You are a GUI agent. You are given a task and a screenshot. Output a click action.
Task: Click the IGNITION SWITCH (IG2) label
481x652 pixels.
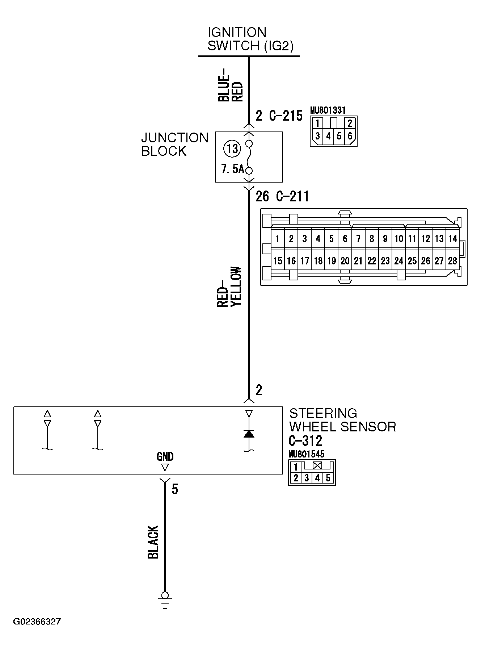250,39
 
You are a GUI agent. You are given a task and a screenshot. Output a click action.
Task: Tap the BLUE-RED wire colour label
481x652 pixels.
230,85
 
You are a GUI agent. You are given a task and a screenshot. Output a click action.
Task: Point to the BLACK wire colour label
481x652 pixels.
153,542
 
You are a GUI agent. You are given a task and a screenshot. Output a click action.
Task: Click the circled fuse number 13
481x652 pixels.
232,149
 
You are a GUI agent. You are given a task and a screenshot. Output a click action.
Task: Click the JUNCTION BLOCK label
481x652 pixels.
175,144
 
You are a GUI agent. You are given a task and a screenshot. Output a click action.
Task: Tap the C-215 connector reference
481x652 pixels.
286,116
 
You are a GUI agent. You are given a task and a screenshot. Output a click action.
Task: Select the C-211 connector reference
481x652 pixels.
292,196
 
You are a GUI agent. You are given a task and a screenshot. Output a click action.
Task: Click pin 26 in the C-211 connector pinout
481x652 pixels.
426,261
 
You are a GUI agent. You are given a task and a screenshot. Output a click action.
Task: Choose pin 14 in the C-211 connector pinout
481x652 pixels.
452,239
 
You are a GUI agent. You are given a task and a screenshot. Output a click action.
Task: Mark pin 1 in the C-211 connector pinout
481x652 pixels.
278,239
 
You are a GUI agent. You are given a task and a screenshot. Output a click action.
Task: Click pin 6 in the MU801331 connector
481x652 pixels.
350,137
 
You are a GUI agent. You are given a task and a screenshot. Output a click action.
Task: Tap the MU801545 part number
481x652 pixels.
307,454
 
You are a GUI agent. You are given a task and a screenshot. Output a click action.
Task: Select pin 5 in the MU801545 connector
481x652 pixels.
328,478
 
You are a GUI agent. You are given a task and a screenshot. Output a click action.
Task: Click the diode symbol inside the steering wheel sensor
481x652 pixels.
249,434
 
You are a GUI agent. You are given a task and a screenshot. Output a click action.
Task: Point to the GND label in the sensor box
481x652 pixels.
165,457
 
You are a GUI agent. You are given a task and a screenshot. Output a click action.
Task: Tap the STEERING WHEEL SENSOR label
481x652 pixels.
342,420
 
